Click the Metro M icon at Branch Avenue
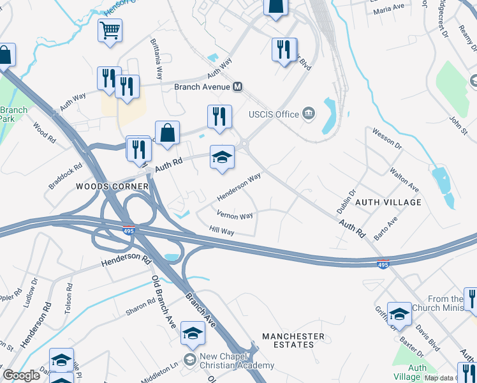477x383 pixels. click(x=238, y=87)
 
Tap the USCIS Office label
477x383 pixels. click(x=274, y=114)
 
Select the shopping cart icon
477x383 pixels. click(x=110, y=30)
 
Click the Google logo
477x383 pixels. click(x=21, y=375)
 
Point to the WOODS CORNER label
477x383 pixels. click(x=112, y=186)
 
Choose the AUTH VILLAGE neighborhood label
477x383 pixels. click(x=388, y=202)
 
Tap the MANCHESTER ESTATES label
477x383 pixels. click(x=293, y=340)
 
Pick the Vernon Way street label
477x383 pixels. click(x=235, y=215)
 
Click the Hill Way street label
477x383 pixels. click(x=222, y=230)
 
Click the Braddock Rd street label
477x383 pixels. click(x=66, y=176)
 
